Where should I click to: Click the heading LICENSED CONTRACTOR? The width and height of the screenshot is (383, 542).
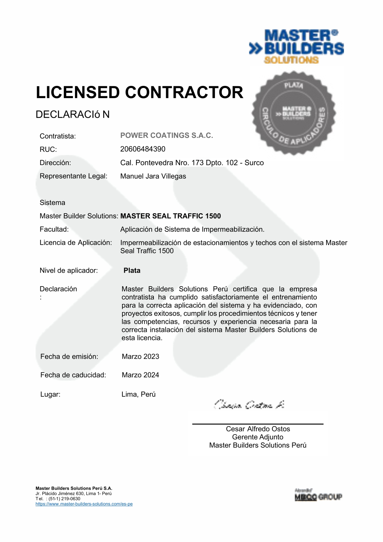coord(140,92)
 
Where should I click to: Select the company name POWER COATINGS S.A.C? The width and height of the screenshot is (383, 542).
coord(166,135)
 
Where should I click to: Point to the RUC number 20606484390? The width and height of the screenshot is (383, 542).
coord(143,149)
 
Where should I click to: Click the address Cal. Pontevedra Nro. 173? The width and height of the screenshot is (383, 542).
coord(192,163)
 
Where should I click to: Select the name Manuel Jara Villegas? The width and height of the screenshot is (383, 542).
coord(153,176)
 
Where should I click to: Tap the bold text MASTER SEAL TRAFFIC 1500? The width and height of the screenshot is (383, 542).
coord(170,216)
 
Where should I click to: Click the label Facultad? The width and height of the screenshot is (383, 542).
coord(54,229)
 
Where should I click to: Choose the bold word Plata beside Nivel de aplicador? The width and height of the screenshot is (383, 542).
coord(132,270)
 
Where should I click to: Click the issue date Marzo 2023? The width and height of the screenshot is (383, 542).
coord(140,356)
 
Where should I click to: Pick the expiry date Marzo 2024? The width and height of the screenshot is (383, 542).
coord(140,375)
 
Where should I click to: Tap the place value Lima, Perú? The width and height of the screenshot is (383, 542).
coord(138,394)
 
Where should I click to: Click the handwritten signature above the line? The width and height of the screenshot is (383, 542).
coord(249,405)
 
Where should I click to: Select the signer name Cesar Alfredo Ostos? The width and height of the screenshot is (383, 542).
coord(258,429)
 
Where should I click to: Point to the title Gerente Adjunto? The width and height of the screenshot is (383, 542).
coord(257,437)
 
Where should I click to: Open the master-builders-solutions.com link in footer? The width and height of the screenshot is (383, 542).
coord(84,504)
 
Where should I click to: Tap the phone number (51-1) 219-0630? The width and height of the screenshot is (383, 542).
coord(64,499)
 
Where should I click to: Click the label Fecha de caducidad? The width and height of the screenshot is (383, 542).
coord(73,375)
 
